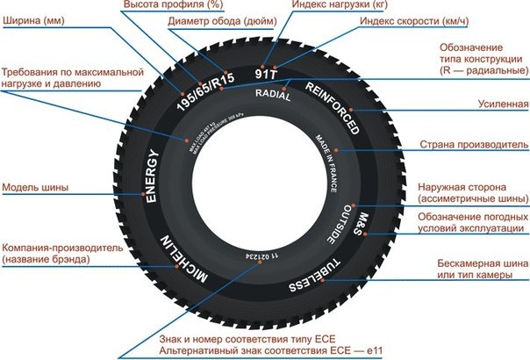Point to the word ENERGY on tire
151,176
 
